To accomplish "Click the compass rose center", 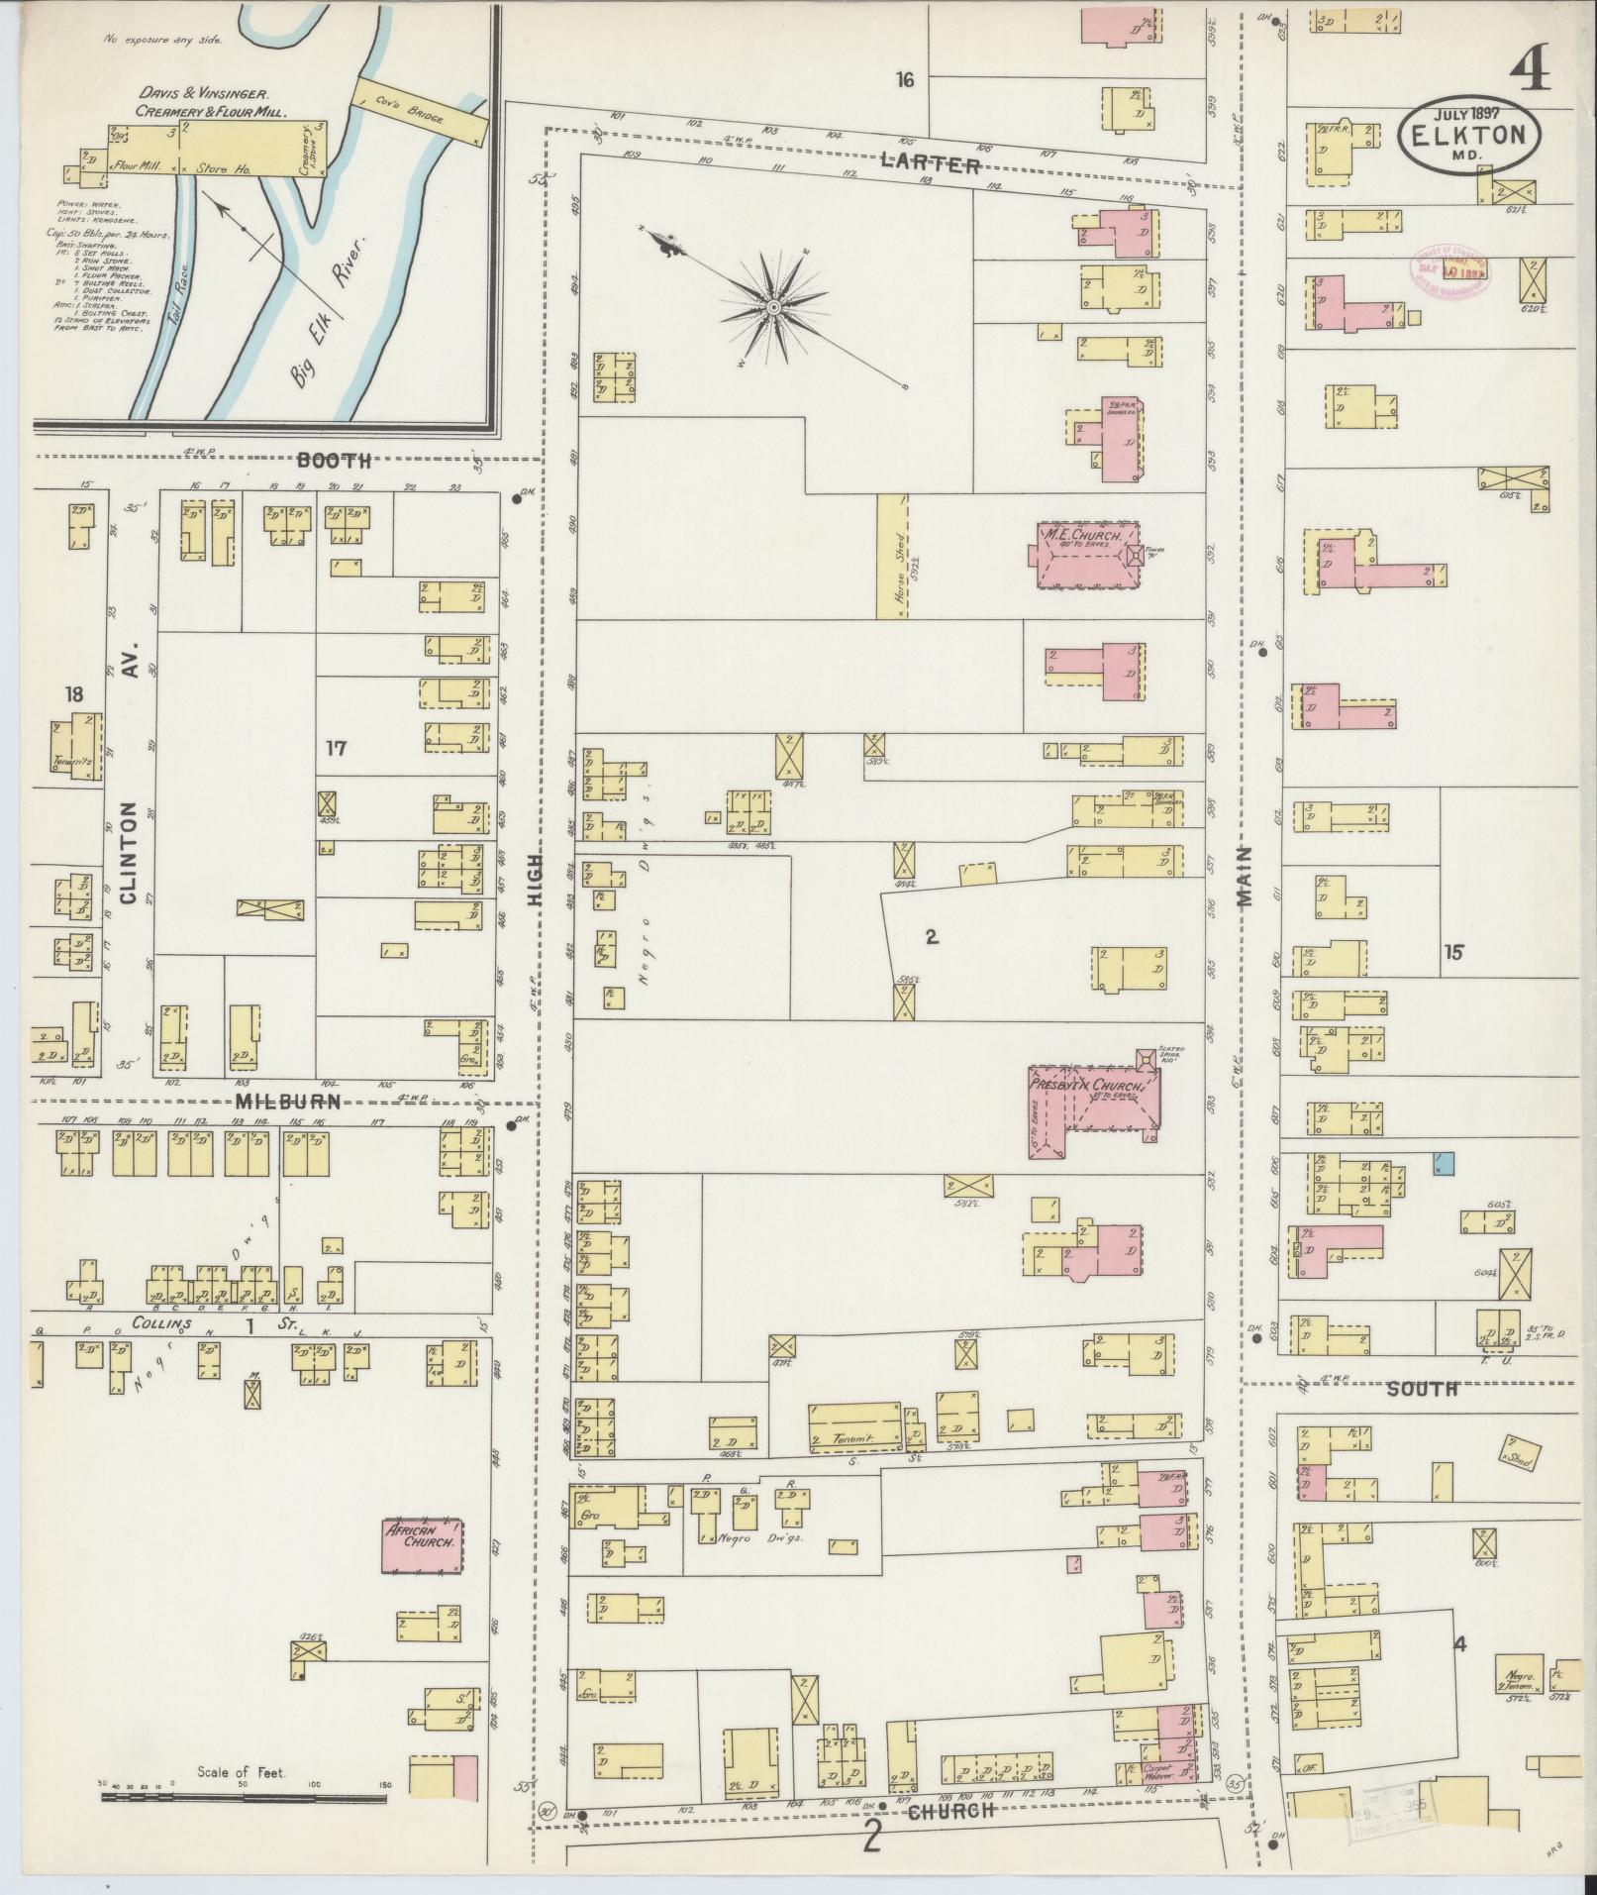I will coord(773,309).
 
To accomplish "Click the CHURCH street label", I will coord(949,1811).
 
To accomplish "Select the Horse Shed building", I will coord(892,556).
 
